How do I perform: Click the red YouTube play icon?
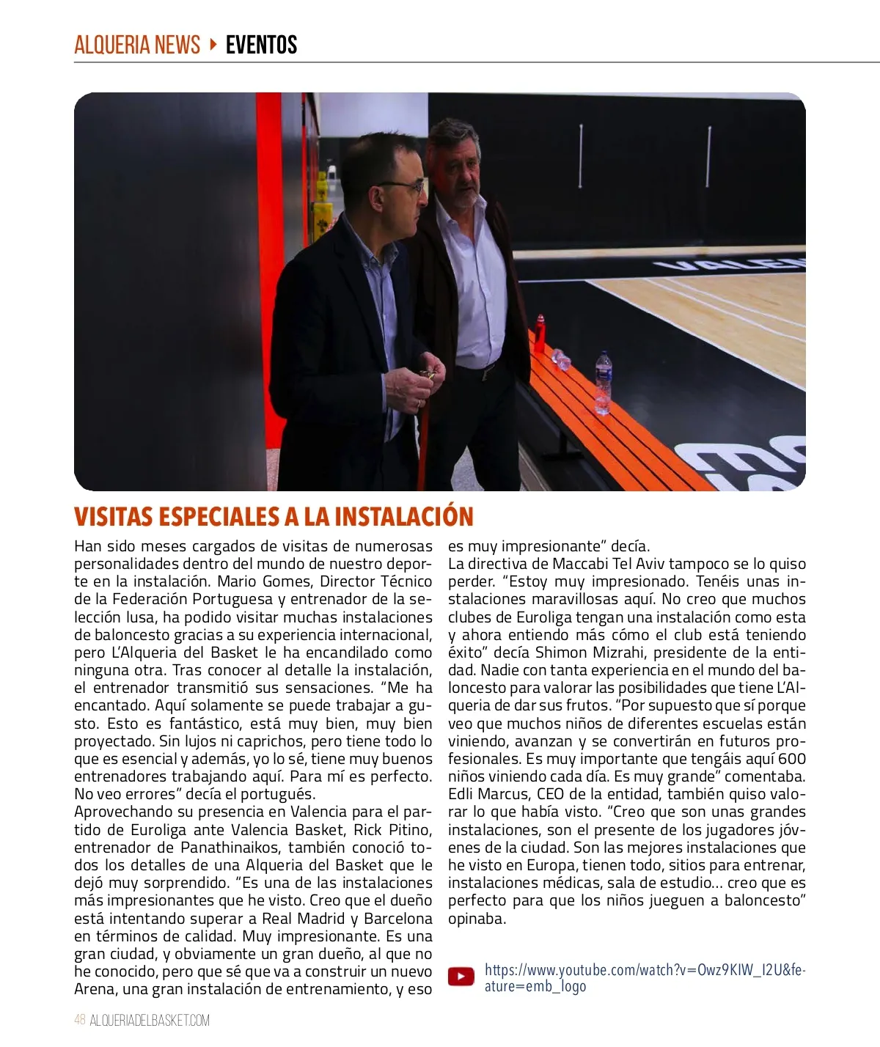461,977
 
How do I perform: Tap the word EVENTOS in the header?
261,45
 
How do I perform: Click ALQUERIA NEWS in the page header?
137,45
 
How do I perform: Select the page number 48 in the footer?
80,1020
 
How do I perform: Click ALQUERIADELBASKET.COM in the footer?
150,1020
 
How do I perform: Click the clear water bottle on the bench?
604,381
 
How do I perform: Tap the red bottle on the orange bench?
540,334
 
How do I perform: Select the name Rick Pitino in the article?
392,830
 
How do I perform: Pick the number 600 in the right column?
791,759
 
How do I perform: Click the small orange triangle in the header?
213,45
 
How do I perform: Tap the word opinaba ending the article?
477,919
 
